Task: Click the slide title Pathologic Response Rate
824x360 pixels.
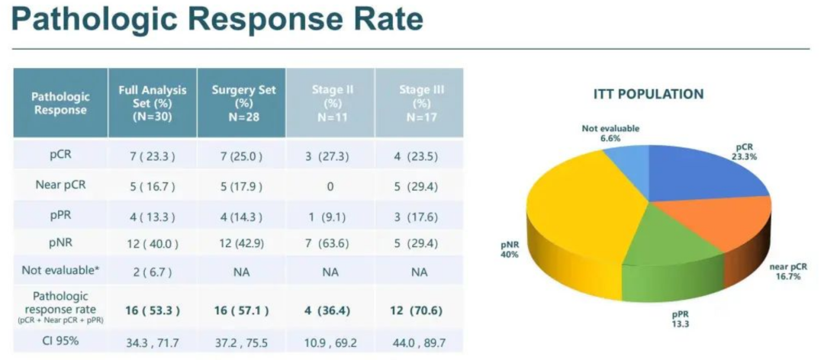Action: (x=217, y=21)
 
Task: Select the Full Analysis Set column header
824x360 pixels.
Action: (x=153, y=103)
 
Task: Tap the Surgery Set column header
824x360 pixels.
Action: (x=243, y=103)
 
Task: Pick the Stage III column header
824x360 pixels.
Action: (x=420, y=103)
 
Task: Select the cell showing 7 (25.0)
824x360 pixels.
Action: (x=243, y=157)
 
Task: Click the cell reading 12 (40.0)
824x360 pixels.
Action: (x=153, y=243)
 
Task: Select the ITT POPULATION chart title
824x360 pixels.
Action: (x=649, y=95)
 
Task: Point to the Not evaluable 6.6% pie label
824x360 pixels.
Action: (x=610, y=134)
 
